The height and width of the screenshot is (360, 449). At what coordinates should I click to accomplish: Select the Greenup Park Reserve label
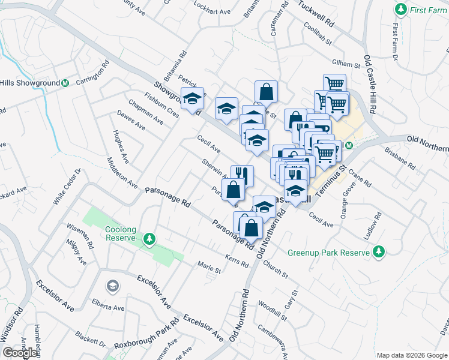(328, 253)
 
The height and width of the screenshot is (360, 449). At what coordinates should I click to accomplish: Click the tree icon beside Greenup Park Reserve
(378, 251)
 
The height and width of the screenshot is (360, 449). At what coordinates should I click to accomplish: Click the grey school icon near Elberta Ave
(112, 287)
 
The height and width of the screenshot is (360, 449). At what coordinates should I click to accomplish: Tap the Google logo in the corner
(20, 353)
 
